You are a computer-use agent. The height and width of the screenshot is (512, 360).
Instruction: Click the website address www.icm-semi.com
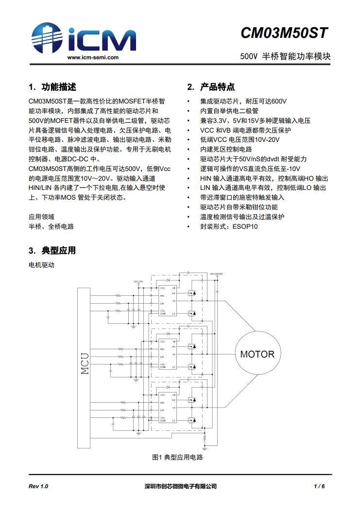(x=93, y=57)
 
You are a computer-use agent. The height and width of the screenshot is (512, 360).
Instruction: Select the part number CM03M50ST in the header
(x=284, y=33)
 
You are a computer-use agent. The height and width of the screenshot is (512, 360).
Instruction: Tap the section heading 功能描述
(x=59, y=87)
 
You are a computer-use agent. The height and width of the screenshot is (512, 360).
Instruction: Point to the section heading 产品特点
(x=217, y=87)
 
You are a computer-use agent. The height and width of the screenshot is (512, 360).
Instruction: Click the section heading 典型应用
(x=59, y=251)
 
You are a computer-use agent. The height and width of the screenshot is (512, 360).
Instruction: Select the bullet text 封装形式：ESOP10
(x=229, y=226)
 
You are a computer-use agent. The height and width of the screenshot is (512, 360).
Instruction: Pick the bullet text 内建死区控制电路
(x=226, y=149)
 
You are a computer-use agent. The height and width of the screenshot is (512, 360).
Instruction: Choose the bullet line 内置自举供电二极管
(x=229, y=111)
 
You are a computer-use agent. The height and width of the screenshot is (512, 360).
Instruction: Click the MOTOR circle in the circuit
(x=257, y=354)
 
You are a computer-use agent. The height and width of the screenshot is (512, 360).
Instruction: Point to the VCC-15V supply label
(x=138, y=281)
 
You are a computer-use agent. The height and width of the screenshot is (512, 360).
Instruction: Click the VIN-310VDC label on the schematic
(x=216, y=275)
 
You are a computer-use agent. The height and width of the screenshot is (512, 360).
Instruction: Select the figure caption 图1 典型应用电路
(x=177, y=457)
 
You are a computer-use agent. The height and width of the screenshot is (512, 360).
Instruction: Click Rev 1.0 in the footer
(x=38, y=486)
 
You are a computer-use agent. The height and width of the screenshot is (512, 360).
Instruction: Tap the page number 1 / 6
(x=319, y=486)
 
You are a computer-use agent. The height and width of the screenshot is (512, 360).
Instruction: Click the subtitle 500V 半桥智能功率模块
(x=285, y=56)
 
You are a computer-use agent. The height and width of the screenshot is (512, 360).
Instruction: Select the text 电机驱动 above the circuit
(x=41, y=265)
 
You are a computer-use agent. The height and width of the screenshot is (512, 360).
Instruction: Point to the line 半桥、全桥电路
(x=51, y=226)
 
